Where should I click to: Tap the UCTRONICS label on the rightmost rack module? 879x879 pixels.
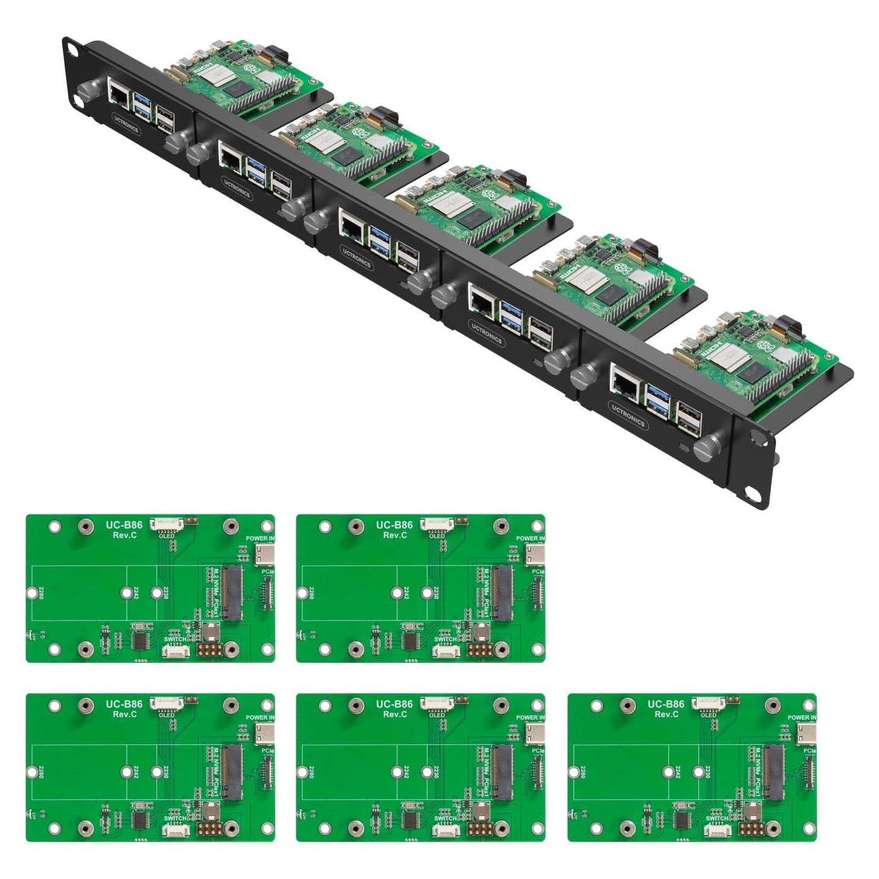click(x=628, y=416)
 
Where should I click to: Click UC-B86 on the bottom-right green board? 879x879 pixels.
click(x=666, y=704)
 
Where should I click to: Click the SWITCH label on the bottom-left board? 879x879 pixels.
click(x=175, y=819)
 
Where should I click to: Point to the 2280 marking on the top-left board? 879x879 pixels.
click(x=40, y=593)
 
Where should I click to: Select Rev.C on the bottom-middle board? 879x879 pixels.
click(x=395, y=714)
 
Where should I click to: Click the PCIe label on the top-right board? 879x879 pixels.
click(x=538, y=572)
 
